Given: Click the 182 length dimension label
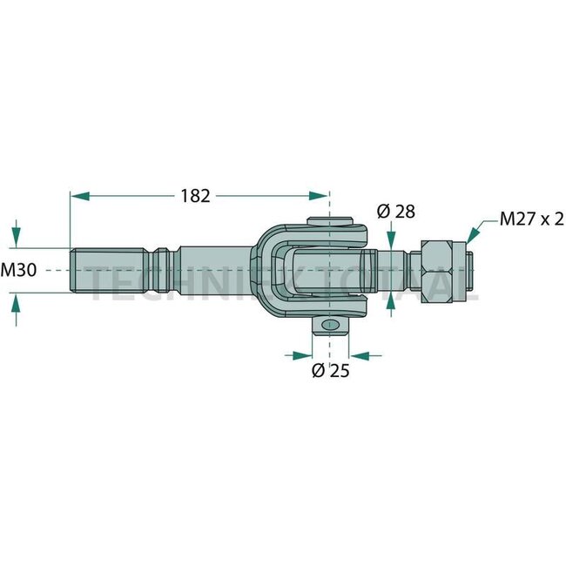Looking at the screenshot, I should click(197, 197).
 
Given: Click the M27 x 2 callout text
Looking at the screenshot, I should click(531, 219).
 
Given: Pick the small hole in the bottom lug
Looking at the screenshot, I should click(329, 326).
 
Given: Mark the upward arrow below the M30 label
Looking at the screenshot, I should click(17, 307).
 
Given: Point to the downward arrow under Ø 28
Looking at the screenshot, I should click(392, 236).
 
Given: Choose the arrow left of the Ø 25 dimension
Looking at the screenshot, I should click(300, 355).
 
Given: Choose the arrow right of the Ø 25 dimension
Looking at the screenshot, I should click(359, 355).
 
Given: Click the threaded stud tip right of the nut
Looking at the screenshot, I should click(472, 272).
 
